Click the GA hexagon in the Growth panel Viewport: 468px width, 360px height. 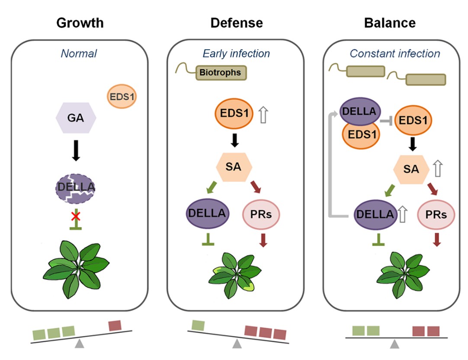click(x=76, y=117)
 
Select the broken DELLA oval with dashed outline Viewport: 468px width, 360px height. click(x=76, y=188)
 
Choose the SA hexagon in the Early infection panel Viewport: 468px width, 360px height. click(x=234, y=166)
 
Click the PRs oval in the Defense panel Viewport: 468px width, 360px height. click(x=261, y=213)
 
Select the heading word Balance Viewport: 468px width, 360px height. click(x=390, y=22)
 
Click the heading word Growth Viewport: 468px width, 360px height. click(x=80, y=22)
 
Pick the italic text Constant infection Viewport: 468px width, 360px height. click(x=395, y=54)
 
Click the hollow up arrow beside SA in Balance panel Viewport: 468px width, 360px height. click(x=438, y=169)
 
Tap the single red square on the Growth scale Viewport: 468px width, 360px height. click(x=115, y=325)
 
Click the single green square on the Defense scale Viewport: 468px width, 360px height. click(x=198, y=325)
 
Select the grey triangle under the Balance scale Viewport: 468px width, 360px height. click(x=394, y=344)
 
